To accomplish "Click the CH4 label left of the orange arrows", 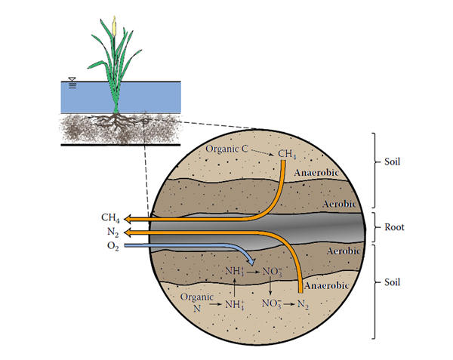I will coord(110,218).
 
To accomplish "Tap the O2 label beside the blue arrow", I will coord(110,245).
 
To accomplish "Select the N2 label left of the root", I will coord(110,232).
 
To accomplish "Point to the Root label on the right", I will coord(396,225).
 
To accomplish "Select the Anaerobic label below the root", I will coord(328,286).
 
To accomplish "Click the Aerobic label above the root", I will coord(344,205).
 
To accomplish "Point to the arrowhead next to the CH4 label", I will coord(130,219).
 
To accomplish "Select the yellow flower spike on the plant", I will coord(114,26).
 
